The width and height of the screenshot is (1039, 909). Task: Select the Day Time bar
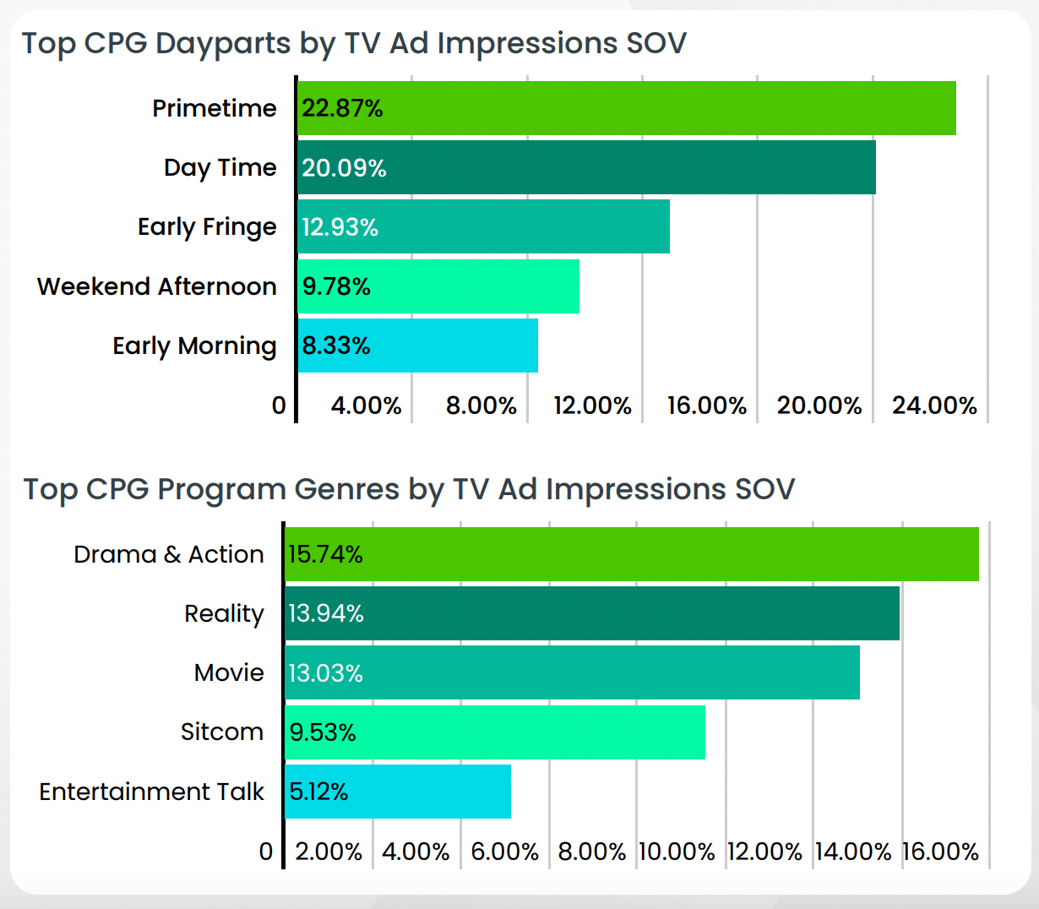[x=586, y=167]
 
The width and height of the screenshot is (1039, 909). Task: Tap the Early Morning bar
[x=417, y=346]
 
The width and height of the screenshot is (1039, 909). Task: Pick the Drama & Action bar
[x=632, y=554]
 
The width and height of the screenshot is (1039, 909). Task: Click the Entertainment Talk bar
[x=398, y=792]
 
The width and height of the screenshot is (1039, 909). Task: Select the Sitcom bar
[x=495, y=732]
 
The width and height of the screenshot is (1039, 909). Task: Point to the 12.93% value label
[x=340, y=227]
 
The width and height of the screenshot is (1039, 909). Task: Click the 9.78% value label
[x=336, y=286]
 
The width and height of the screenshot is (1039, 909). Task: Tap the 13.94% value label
[x=326, y=613]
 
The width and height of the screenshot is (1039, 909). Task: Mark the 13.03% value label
[x=326, y=673]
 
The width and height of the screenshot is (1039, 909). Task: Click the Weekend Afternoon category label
[x=157, y=286]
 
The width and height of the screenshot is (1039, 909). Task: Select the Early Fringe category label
[x=207, y=227]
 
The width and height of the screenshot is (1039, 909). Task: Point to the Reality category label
[x=224, y=613]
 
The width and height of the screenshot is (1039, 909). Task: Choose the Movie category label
[x=229, y=672]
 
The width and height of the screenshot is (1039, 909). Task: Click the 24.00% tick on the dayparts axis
[x=934, y=406]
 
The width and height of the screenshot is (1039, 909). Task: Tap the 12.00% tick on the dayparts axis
[x=592, y=406]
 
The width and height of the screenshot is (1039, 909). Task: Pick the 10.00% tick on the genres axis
[x=677, y=852]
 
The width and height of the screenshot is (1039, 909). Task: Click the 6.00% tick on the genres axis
[x=504, y=852]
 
